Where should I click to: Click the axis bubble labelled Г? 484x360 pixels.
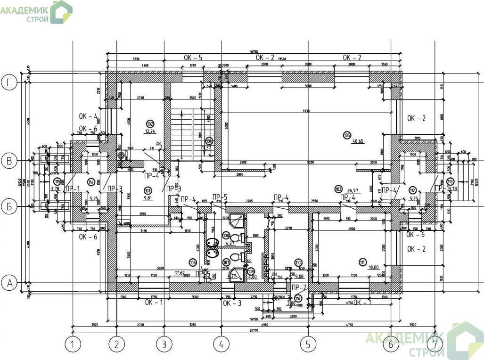(9, 83)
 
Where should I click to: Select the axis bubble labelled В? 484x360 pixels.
(9, 161)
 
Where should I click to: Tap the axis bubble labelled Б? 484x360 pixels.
(9, 206)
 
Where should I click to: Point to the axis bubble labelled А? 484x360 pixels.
(9, 283)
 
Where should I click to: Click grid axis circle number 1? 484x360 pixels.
(73, 344)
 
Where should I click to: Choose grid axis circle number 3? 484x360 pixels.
(164, 344)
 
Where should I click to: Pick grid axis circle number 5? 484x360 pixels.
(309, 344)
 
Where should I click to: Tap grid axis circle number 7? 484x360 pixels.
(435, 344)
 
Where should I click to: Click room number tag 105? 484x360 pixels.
(347, 135)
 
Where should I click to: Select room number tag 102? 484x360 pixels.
(150, 124)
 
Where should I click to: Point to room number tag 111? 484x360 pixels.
(362, 262)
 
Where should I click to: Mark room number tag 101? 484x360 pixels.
(148, 190)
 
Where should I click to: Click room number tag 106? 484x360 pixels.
(192, 262)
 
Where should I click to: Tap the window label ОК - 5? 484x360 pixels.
(193, 57)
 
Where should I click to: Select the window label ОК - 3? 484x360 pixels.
(232, 303)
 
